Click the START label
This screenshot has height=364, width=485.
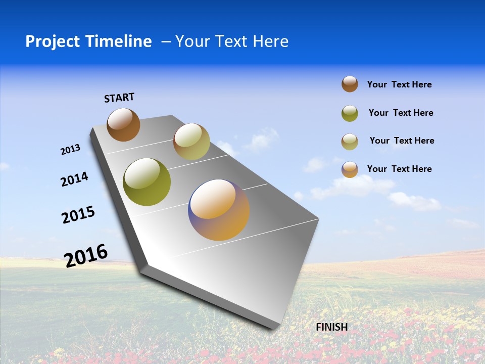click(119, 98)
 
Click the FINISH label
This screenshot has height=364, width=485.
click(331, 327)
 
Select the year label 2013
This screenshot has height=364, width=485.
click(71, 150)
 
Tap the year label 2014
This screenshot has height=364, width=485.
click(74, 179)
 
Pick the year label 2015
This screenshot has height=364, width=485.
click(78, 215)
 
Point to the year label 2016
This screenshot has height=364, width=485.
click(86, 255)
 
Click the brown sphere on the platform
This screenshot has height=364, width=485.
click(123, 124)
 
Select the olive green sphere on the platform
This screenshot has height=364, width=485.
click(147, 182)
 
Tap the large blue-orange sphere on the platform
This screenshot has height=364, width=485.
click(219, 210)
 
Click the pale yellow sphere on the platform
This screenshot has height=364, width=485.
click(191, 142)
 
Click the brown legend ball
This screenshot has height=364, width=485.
click(350, 84)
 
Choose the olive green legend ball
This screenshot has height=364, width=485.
click(350, 113)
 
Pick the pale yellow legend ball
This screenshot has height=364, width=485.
click(350, 142)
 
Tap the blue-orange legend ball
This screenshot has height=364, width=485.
click(350, 169)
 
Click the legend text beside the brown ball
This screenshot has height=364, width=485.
click(399, 84)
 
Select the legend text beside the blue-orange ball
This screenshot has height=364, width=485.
click(399, 169)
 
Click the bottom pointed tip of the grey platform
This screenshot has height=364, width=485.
click(273, 328)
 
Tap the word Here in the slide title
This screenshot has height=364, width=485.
click(271, 41)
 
